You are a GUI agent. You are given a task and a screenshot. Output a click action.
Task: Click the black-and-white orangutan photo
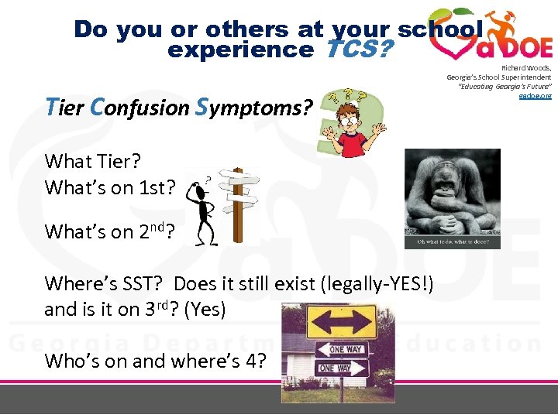click(x=452, y=192)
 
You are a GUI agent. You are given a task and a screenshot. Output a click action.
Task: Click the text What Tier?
click(x=92, y=161)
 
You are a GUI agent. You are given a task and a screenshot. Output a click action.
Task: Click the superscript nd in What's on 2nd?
click(x=157, y=227)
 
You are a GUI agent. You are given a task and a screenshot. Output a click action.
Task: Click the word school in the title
click(x=439, y=29)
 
